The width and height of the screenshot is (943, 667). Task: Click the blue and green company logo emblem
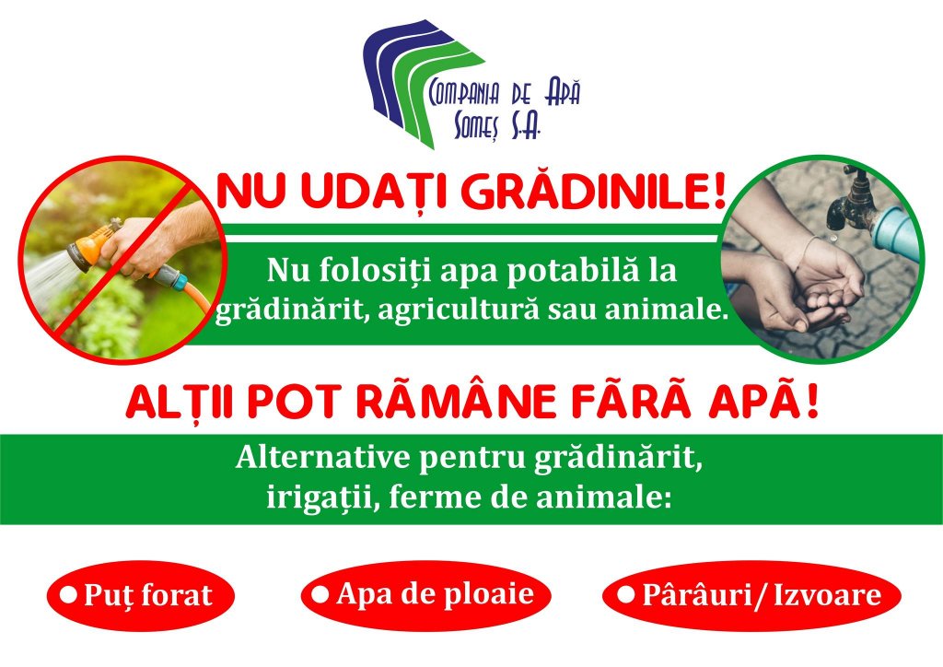point(424,83)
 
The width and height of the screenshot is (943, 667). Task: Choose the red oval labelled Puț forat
point(141,595)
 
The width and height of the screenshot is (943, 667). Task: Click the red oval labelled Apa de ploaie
point(425,595)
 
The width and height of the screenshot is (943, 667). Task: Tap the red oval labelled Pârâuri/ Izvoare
point(751,595)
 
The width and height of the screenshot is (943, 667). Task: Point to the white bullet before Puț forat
point(69,595)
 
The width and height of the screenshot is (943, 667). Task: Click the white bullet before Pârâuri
point(626,595)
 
